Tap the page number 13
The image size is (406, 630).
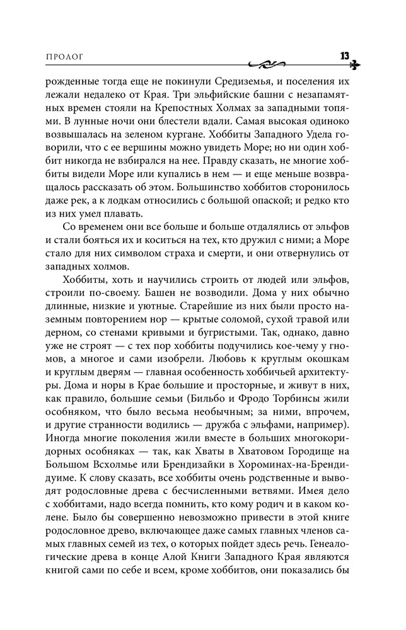pos(344,55)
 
